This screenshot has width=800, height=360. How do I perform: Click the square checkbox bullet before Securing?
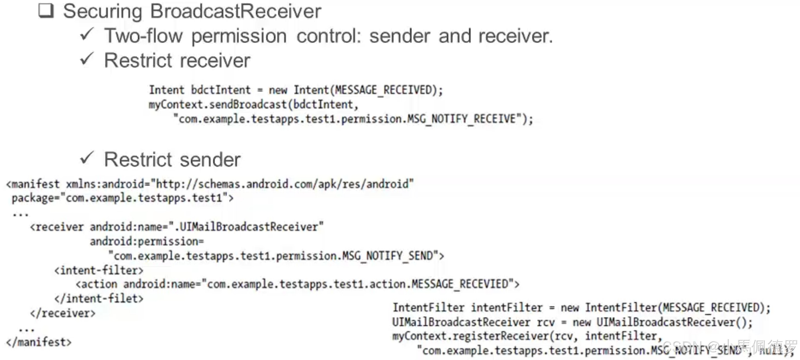tap(46, 11)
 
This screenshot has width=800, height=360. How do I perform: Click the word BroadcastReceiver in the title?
tap(235, 11)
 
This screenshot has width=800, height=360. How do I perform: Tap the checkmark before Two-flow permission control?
tap(87, 34)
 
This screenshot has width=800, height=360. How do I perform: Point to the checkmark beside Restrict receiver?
tap(87, 59)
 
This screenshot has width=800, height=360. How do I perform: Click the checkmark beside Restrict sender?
tap(87, 158)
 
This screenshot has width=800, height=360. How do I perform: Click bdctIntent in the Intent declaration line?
tap(221, 90)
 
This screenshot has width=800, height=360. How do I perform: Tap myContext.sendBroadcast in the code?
tap(218, 105)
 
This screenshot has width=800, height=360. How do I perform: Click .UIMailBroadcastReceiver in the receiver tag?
tap(248, 227)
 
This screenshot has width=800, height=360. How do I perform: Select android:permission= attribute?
tap(147, 242)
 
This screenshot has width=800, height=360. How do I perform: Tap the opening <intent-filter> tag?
tap(99, 270)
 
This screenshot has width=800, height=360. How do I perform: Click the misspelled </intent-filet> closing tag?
tap(99, 298)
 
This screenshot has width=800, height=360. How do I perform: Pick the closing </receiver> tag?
tap(63, 313)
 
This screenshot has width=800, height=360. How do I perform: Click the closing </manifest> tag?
tap(39, 342)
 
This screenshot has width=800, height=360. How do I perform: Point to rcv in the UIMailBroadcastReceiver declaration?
tap(545, 322)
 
